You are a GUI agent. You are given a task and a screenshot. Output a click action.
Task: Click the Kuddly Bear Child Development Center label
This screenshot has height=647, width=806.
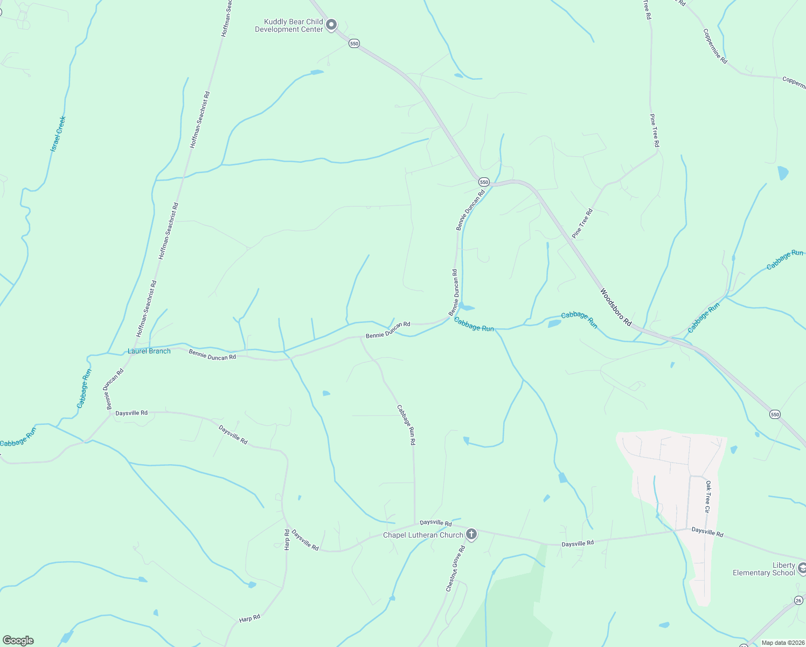289,26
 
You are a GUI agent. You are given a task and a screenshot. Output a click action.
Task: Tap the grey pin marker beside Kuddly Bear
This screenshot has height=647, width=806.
332,25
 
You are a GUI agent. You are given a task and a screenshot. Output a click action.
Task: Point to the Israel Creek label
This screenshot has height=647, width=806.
58,133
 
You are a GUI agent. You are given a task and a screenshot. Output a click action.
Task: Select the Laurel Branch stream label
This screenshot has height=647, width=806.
149,351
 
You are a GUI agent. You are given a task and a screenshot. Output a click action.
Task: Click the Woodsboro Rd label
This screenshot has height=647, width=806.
616,307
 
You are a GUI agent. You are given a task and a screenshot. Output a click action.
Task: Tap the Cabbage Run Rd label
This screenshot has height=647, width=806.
406,425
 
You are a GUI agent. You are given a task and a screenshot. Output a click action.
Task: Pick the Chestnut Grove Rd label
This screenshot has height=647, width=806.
455,568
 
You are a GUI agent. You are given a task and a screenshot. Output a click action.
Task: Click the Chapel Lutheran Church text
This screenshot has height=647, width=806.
423,535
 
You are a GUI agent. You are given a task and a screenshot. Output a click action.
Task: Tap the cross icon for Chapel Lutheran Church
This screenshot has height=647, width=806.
471,534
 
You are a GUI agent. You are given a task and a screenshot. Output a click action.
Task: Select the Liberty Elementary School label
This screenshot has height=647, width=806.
764,569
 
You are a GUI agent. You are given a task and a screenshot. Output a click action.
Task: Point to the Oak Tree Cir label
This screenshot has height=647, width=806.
708,497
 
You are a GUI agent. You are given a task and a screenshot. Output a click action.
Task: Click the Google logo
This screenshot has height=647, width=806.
18,641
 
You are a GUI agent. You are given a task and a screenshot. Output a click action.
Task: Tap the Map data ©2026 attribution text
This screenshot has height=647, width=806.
782,643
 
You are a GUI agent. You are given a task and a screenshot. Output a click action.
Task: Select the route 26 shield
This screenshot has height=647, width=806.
798,600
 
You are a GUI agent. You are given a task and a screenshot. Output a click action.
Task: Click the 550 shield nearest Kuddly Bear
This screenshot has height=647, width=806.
354,43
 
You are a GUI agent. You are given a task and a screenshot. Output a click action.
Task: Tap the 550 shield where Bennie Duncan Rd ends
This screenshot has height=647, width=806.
484,182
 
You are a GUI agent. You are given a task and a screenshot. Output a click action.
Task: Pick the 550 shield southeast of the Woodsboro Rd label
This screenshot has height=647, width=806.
775,414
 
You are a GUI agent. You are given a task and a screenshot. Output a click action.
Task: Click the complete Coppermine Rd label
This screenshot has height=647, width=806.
715,46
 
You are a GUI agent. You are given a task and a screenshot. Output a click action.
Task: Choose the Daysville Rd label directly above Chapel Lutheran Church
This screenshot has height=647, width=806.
435,522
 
